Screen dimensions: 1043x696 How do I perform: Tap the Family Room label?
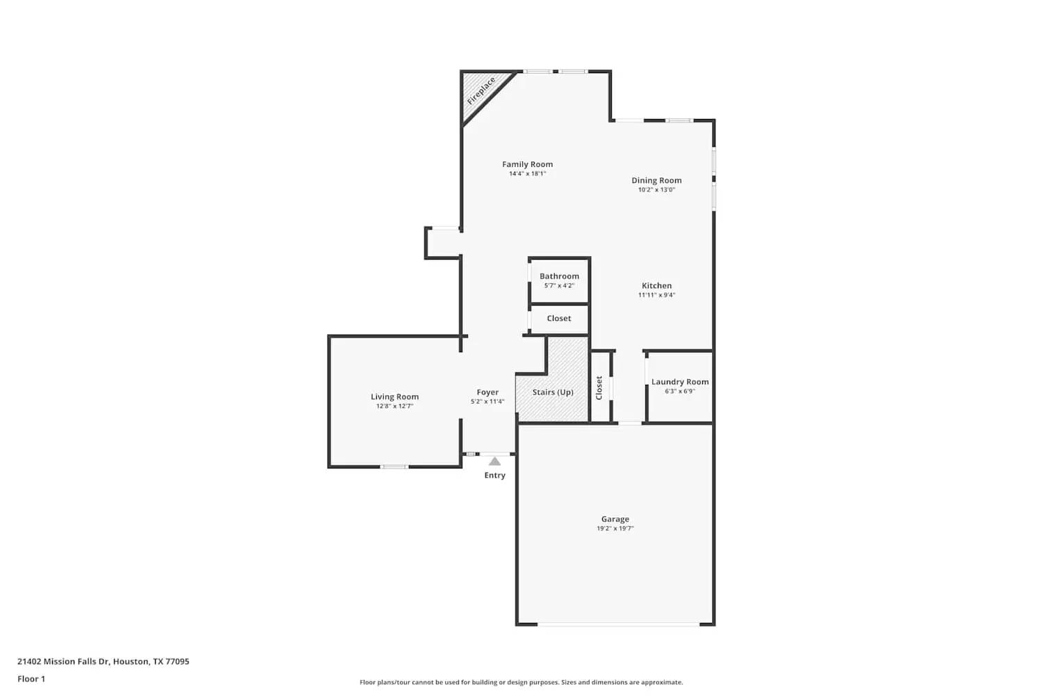click(527, 164)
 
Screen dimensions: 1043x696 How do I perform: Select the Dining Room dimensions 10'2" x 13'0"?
click(656, 190)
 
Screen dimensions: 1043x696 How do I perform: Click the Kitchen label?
click(656, 285)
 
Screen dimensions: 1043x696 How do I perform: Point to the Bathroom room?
click(559, 280)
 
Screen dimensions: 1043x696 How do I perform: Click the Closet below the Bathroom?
click(559, 319)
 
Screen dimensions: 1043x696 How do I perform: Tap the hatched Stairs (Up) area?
click(553, 393)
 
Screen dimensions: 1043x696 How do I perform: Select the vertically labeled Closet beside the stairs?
click(599, 388)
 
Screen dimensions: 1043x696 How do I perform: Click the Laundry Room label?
click(680, 381)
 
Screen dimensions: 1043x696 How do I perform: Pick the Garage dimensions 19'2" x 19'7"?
click(615, 529)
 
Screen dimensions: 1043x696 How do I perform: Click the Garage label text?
click(615, 519)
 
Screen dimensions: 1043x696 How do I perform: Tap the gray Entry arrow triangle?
click(494, 461)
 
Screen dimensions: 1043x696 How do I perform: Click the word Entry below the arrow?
click(494, 475)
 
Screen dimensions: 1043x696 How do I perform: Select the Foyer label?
click(487, 393)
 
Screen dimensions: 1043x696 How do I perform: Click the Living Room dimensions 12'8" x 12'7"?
click(394, 406)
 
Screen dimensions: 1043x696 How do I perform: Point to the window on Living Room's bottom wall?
click(394, 466)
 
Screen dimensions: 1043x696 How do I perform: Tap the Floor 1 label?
click(31, 679)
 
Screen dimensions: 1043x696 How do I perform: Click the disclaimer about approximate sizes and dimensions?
click(521, 682)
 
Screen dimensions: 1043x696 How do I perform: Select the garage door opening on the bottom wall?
click(618, 624)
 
